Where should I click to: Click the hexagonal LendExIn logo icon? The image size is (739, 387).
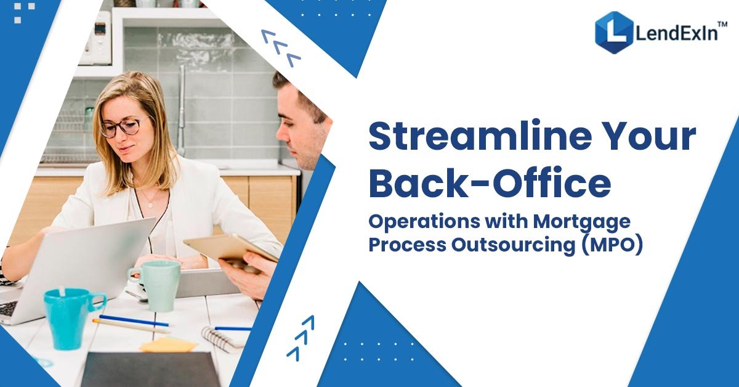[x=613, y=32]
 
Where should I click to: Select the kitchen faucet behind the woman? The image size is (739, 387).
[x=182, y=105]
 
